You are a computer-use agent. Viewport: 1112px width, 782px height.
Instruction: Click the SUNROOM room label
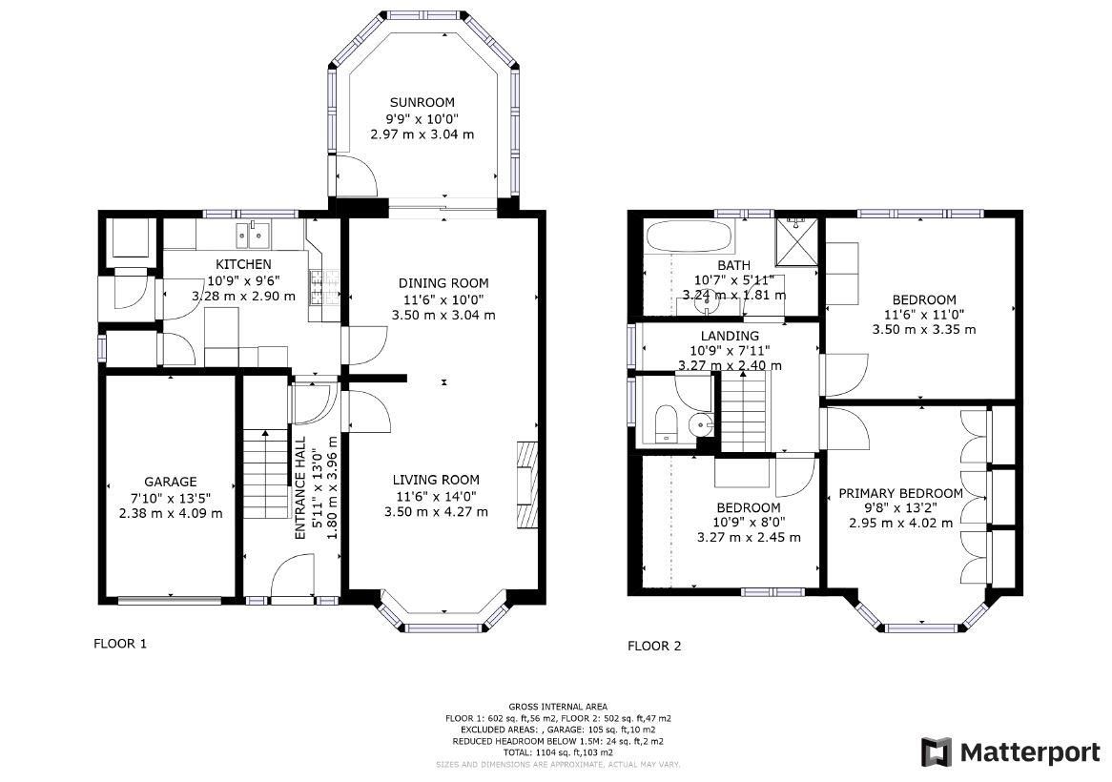click(x=422, y=102)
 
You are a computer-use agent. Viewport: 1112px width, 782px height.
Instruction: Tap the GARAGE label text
click(x=170, y=482)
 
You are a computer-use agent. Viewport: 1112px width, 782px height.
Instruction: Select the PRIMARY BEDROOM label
click(x=900, y=493)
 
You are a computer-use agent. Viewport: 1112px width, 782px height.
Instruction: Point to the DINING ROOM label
click(x=443, y=283)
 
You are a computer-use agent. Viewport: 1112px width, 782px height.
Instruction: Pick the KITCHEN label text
click(x=243, y=264)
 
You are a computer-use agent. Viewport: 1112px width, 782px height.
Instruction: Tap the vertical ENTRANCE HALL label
click(x=299, y=489)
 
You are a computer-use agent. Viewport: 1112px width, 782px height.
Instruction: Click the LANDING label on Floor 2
click(x=730, y=336)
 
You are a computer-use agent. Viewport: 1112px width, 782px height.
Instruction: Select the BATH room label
click(x=733, y=265)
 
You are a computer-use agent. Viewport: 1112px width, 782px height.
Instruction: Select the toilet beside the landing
click(x=666, y=422)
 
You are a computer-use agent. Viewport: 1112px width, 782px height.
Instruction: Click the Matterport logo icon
click(x=936, y=751)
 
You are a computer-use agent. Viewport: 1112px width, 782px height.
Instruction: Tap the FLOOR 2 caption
click(x=654, y=646)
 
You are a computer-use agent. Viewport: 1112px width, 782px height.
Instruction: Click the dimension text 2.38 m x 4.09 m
click(x=170, y=513)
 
